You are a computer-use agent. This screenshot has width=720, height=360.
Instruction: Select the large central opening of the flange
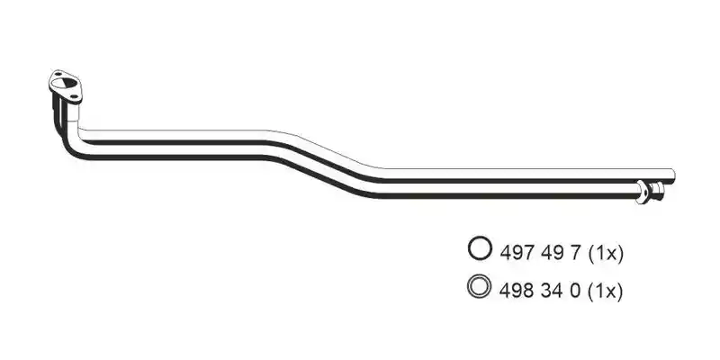(65, 85)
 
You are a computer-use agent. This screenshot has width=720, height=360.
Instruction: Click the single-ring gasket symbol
(480, 248)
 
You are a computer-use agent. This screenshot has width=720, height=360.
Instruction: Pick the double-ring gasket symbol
(480, 286)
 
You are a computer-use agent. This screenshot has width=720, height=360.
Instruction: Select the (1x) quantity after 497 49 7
(605, 254)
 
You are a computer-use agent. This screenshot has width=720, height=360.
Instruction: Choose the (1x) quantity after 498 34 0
(605, 292)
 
